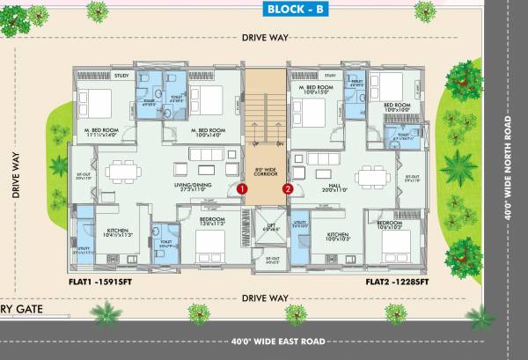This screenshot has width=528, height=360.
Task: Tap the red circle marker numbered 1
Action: click(242, 187)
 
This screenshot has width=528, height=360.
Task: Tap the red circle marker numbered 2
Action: click(287, 187)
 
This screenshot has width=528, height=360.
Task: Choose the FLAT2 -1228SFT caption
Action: click(397, 284)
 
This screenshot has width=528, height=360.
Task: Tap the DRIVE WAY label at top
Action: click(265, 38)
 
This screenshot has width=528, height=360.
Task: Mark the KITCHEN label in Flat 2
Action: click(338, 234)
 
